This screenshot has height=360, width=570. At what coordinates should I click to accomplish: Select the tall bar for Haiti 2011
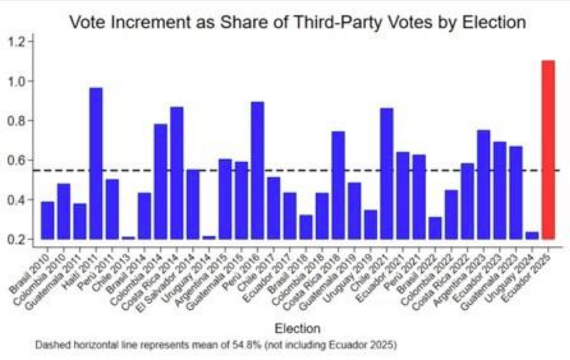click(x=96, y=163)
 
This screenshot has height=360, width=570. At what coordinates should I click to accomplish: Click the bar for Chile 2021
click(x=386, y=173)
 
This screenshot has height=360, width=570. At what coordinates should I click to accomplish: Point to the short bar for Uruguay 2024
click(x=532, y=235)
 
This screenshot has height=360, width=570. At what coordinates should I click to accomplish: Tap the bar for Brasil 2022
click(x=435, y=228)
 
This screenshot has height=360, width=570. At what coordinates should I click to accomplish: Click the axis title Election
click(x=297, y=328)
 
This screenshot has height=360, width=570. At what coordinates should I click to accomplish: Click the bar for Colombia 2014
click(x=160, y=181)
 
